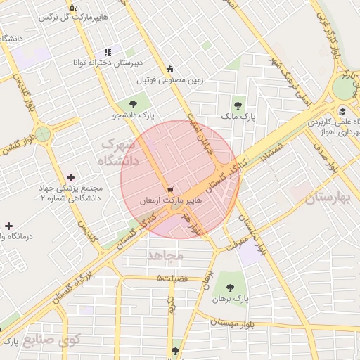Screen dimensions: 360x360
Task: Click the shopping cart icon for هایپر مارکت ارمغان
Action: [169, 190]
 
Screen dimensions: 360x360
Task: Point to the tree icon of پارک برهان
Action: [230, 286]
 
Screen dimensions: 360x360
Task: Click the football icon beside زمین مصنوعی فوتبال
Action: [169, 68]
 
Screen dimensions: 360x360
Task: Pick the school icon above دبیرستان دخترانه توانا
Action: [108, 51]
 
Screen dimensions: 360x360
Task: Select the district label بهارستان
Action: [328, 199]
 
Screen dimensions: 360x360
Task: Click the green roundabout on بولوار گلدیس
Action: [44, 132]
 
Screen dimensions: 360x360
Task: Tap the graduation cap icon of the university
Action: [342, 111]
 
